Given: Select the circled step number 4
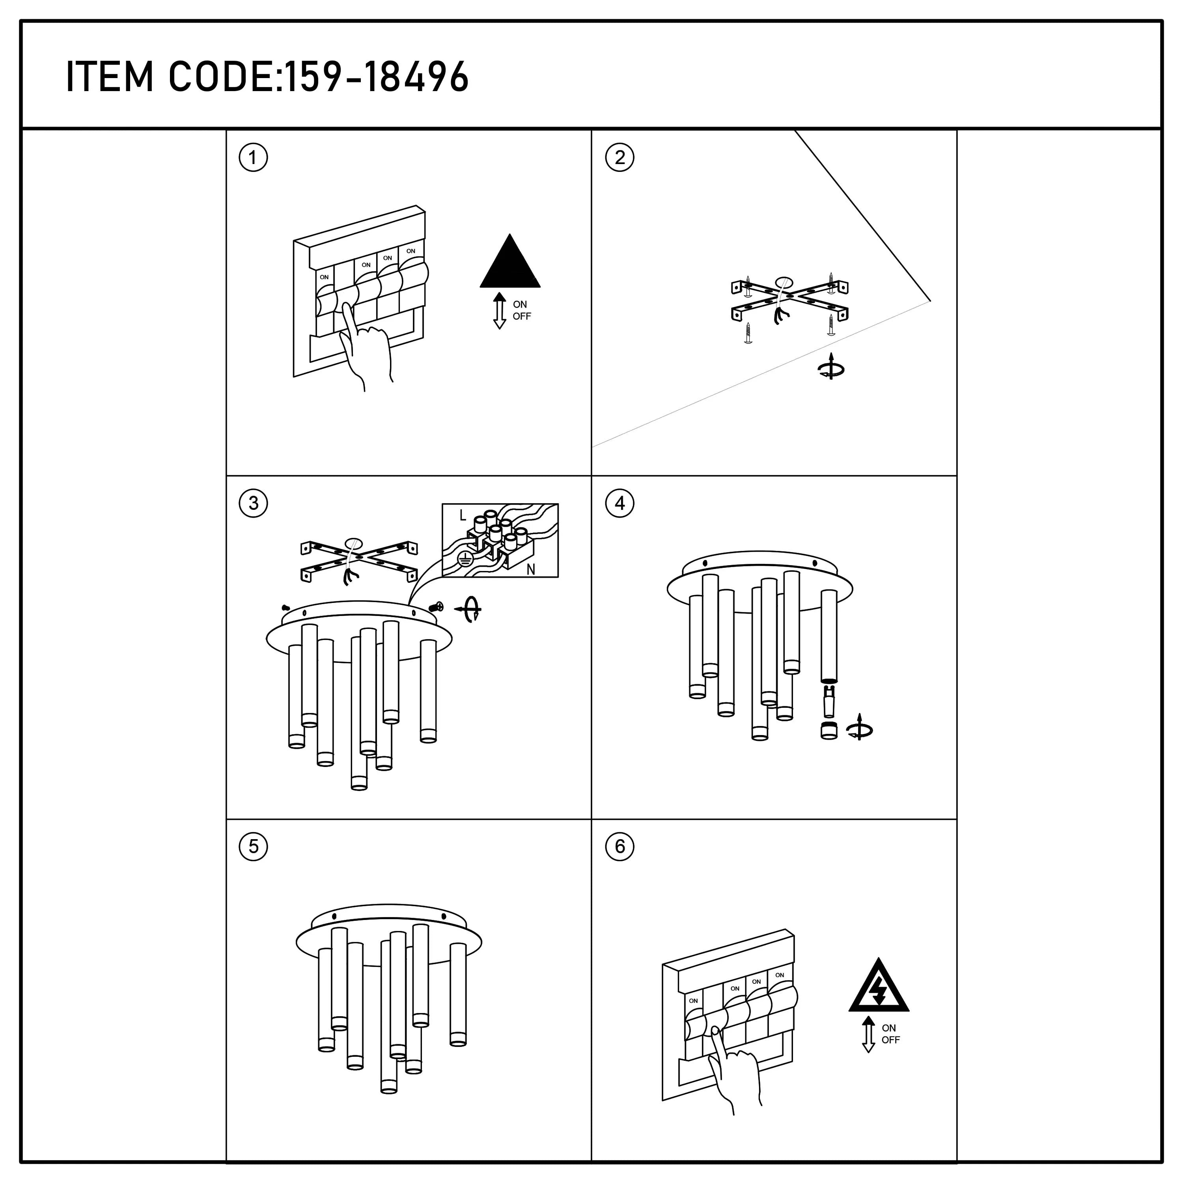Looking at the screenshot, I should [x=619, y=503].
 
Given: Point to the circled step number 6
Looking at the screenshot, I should [x=619, y=847].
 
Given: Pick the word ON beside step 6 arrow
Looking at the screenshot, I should [x=888, y=1028].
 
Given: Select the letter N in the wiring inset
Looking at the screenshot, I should [x=530, y=569].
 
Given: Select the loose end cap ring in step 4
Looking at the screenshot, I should [x=828, y=730].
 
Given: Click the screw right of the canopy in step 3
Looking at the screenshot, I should [x=437, y=607].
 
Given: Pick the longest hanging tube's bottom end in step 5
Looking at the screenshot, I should [x=388, y=1087].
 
